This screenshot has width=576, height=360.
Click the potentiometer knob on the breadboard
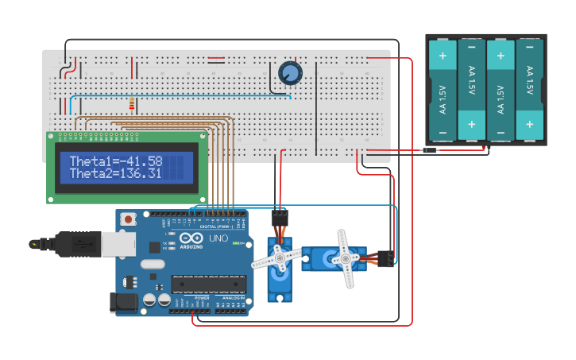tap(291, 74)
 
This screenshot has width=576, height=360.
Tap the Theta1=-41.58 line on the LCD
tap(116, 161)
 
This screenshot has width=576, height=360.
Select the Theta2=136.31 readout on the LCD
tap(116, 173)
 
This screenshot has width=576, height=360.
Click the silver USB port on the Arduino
tap(118, 245)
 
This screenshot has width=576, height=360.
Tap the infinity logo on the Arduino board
tap(191, 239)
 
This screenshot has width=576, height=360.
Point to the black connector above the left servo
tap(280, 216)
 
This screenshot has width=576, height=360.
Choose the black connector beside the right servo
tap(386, 258)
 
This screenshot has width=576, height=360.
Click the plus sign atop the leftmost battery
tap(443, 56)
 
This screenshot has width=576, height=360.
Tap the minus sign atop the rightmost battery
tap(530, 56)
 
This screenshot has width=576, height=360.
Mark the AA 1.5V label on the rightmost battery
tap(530, 82)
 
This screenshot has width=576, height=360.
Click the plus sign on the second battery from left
tap(472, 124)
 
